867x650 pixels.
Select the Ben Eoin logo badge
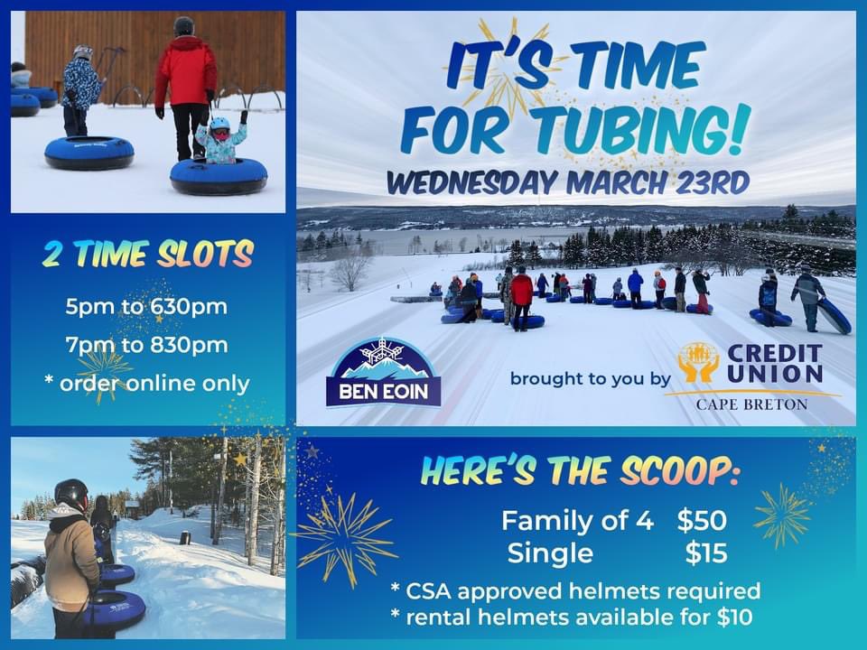[384, 373]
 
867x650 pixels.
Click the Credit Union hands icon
[698, 363]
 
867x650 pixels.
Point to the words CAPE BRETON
[751, 404]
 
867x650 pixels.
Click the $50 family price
[702, 520]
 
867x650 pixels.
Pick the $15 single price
[705, 552]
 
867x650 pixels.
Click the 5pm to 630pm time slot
[146, 306]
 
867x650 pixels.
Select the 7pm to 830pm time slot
[146, 344]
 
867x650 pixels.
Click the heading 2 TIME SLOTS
[147, 255]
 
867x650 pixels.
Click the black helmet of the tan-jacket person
[70, 493]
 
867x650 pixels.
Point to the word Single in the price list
[550, 552]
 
